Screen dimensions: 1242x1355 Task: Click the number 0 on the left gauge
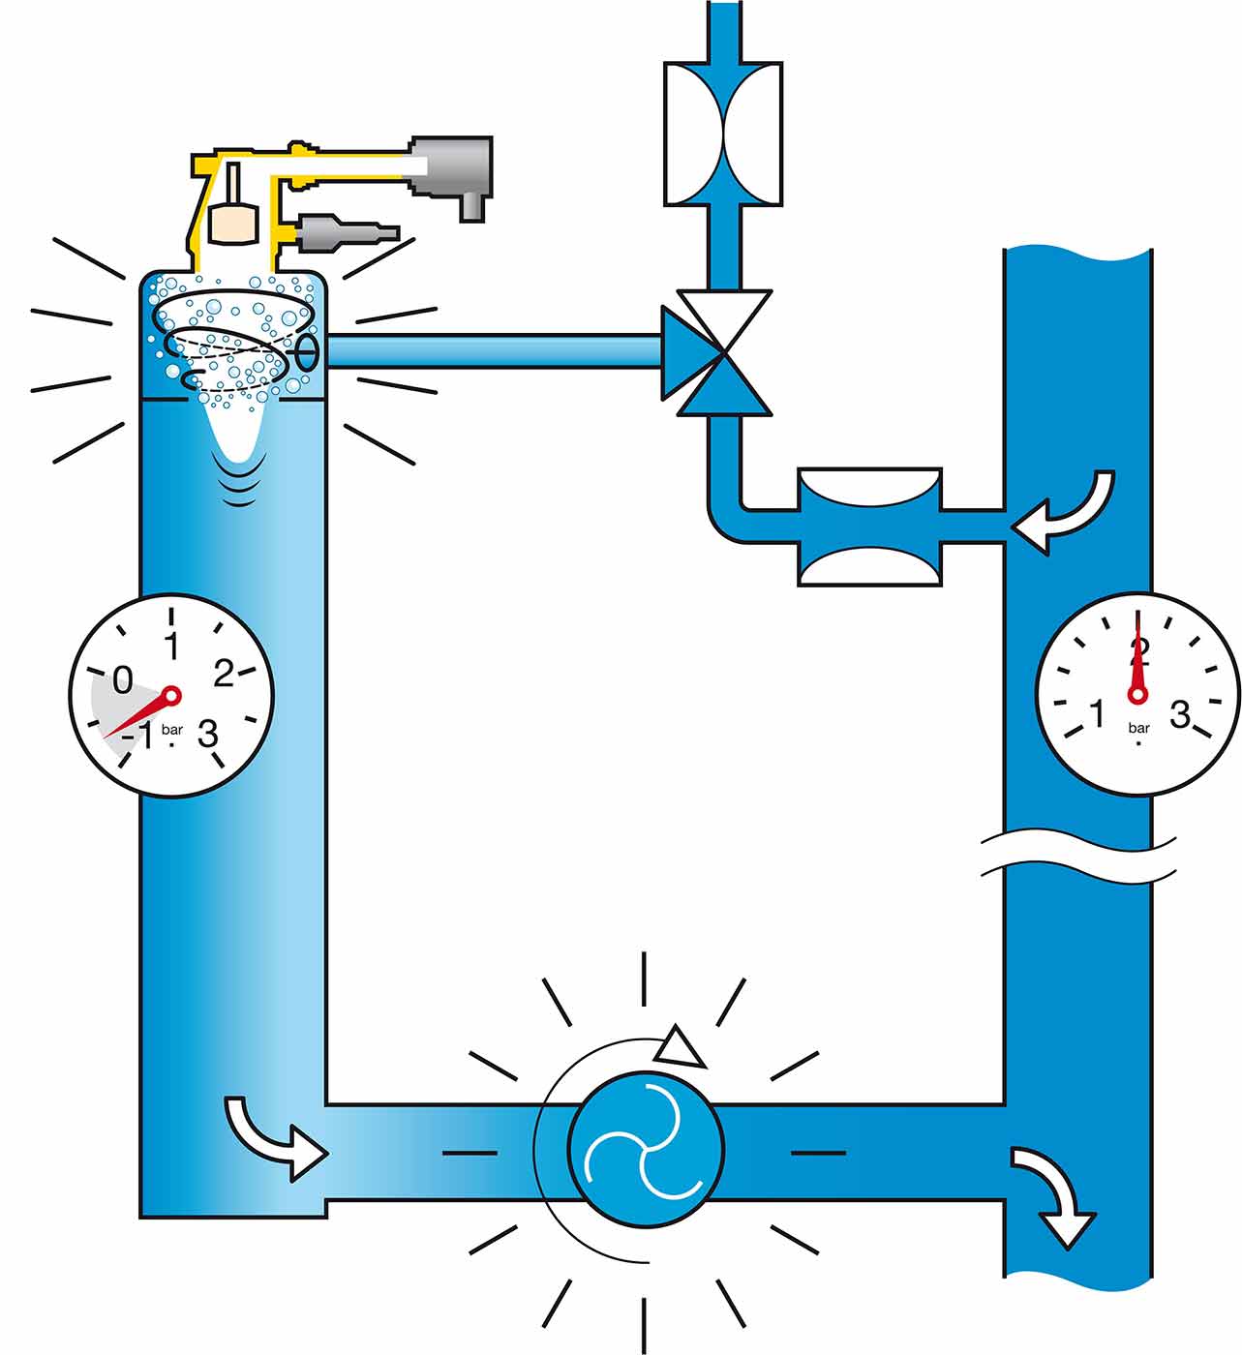pos(122,679)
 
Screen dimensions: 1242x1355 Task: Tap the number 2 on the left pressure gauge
pos(224,674)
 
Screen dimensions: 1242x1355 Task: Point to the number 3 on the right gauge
pos(1180,714)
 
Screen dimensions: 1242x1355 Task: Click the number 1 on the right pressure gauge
pos(1098,714)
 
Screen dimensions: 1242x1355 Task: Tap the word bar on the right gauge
pos(1139,728)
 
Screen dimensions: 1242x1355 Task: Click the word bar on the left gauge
pos(172,730)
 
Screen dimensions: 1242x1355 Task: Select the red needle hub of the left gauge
pos(172,695)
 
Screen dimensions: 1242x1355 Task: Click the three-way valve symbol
pos(717,352)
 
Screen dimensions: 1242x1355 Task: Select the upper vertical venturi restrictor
pos(723,134)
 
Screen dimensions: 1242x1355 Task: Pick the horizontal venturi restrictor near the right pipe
pos(869,527)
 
